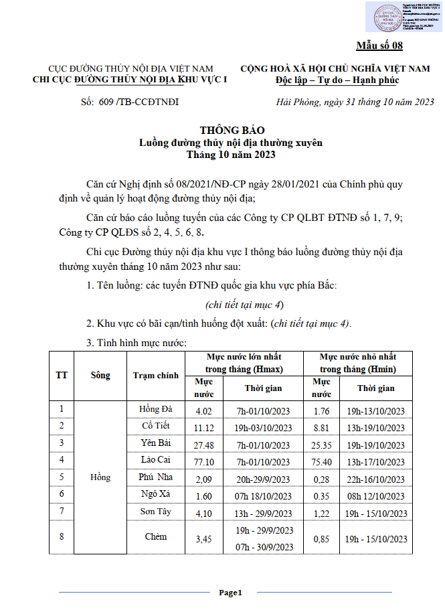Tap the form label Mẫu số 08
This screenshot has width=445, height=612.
(x=379, y=46)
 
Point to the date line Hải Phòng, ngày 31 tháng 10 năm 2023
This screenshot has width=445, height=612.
(x=355, y=102)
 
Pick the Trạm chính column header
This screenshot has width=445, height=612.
(x=156, y=375)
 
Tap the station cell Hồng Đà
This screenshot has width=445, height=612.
(x=156, y=408)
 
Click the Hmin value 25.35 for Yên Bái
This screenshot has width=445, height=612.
(x=322, y=443)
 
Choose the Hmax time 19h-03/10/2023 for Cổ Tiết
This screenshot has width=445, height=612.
(x=264, y=427)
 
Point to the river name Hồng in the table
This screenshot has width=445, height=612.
(x=100, y=477)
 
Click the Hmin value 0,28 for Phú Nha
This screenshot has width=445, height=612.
(x=322, y=478)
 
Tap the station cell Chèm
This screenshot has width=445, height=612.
(x=156, y=537)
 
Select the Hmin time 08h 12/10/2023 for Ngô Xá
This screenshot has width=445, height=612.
(x=375, y=495)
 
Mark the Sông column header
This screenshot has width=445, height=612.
(x=100, y=375)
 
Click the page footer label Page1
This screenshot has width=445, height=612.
(x=230, y=593)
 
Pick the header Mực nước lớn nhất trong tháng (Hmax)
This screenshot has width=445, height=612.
(x=244, y=363)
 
